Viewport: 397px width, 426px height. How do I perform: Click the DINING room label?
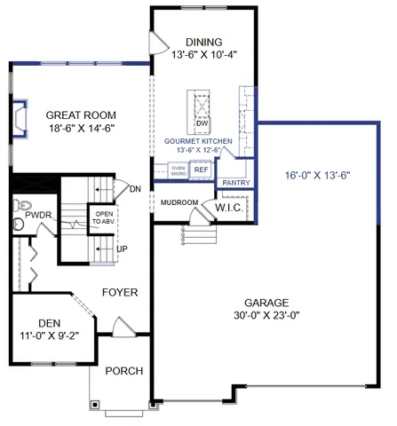202,42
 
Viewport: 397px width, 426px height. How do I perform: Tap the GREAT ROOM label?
82,114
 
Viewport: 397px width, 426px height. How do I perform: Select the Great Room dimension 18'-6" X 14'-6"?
82,129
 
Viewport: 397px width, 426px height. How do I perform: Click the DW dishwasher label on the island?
202,122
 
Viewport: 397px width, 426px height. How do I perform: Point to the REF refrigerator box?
201,169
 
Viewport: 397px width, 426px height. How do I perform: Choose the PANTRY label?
235,183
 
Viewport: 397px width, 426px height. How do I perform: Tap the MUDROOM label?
179,202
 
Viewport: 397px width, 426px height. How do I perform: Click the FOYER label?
119,291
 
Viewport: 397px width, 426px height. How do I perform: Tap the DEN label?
49,322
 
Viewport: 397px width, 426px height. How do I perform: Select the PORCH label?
123,370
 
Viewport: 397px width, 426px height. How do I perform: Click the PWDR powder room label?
38,216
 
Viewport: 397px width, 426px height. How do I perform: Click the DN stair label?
135,189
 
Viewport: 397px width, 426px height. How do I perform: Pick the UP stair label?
122,249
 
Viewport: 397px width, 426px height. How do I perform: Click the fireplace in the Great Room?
20,118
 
